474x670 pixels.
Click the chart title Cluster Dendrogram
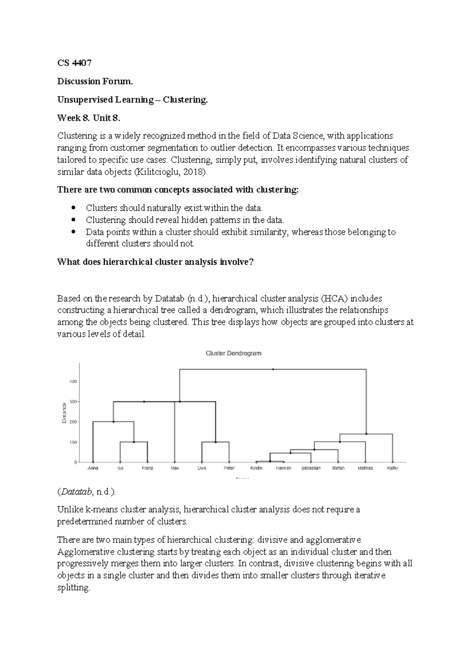(x=233, y=353)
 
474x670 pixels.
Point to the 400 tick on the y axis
(x=74, y=382)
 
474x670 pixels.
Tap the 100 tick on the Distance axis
(x=74, y=442)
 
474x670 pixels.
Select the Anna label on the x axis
(x=93, y=468)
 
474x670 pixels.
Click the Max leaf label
(x=175, y=468)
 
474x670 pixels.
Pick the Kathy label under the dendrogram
(x=393, y=468)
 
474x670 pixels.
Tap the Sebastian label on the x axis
(x=311, y=468)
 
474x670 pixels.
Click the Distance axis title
(x=64, y=413)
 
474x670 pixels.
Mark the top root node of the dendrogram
(x=273, y=369)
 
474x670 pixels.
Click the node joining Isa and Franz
(x=134, y=442)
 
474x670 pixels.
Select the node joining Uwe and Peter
(x=216, y=442)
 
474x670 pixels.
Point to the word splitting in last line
(x=73, y=587)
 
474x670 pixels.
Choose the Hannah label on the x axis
(x=284, y=468)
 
